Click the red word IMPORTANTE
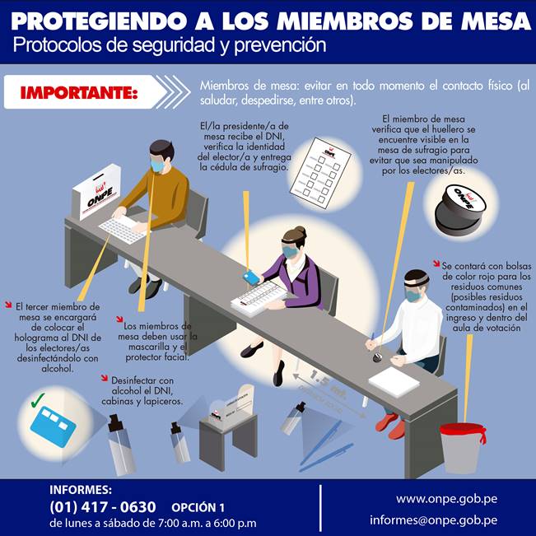click(79, 93)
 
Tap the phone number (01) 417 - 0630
click(103, 507)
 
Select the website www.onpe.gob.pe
click(447, 499)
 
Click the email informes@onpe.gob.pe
click(433, 520)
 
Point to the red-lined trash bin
click(461, 448)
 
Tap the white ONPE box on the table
click(96, 191)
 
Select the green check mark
click(38, 400)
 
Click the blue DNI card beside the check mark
click(53, 426)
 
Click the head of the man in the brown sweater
click(161, 156)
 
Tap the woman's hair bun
click(300, 231)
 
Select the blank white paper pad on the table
click(394, 381)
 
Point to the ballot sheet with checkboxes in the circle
click(320, 173)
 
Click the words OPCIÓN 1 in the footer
click(198, 508)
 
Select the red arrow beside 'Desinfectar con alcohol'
click(105, 378)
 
